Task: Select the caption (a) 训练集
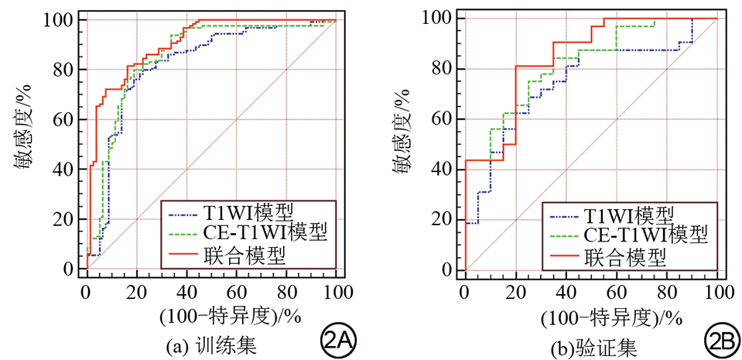point(213,343)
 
